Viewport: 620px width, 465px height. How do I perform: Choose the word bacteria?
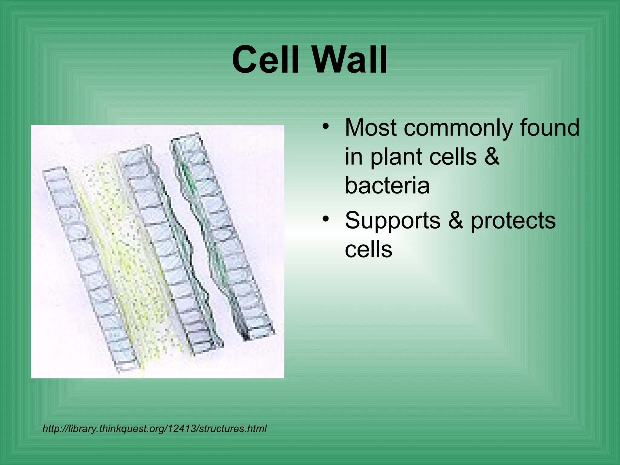tap(387, 185)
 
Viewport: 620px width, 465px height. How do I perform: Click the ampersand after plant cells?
tap(492, 157)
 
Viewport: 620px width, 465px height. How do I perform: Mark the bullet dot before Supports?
tap(325, 219)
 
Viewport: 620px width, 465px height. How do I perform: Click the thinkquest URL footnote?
tap(154, 429)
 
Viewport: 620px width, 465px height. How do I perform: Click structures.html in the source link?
tap(233, 429)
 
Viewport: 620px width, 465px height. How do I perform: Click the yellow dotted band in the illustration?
tap(127, 257)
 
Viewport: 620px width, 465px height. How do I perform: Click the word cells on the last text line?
tap(368, 249)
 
